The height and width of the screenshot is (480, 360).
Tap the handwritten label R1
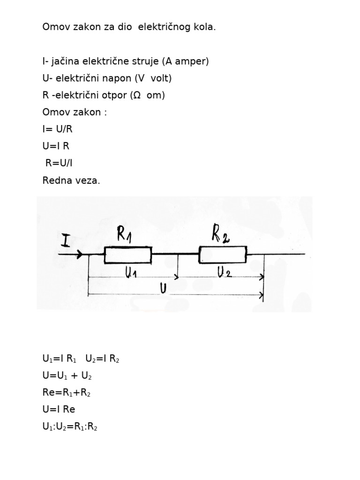click(x=124, y=234)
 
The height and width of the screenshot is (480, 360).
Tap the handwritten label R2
click(x=220, y=235)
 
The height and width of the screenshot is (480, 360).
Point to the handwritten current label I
click(x=66, y=240)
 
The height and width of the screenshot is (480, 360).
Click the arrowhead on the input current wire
click(x=80, y=254)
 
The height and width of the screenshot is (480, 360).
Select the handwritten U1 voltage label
click(x=131, y=272)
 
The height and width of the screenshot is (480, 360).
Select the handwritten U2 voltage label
click(x=225, y=271)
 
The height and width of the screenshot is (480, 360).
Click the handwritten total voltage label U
click(x=163, y=288)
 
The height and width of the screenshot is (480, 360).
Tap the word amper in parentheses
click(x=191, y=61)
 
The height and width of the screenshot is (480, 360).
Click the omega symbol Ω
click(x=137, y=95)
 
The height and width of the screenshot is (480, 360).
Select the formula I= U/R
click(x=58, y=129)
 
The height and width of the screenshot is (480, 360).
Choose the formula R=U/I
click(x=59, y=163)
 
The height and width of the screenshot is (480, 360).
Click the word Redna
click(x=56, y=180)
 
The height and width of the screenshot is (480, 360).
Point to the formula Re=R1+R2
click(x=67, y=392)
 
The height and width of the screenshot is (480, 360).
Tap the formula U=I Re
click(x=59, y=409)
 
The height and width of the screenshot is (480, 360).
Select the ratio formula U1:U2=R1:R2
click(x=70, y=427)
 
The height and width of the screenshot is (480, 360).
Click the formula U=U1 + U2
click(x=67, y=375)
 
